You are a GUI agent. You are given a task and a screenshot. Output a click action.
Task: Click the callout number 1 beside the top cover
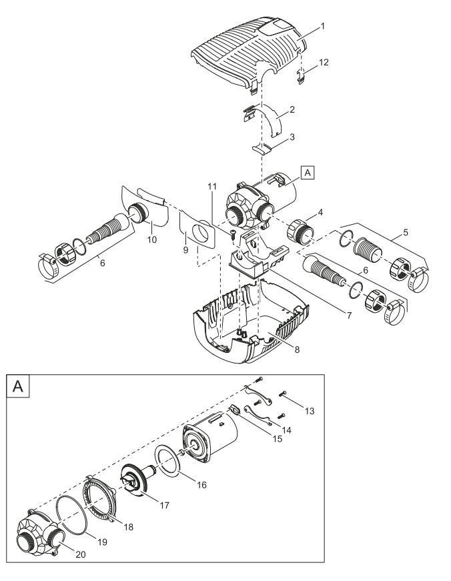click(322, 26)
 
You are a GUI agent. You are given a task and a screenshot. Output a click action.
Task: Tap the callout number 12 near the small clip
click(324, 62)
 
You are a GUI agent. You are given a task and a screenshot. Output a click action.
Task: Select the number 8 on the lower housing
click(297, 350)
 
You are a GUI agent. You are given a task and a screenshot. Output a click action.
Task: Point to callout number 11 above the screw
click(211, 187)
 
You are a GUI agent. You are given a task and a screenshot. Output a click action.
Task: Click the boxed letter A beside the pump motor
click(308, 173)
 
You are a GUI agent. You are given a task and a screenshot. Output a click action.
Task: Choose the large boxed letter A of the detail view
click(18, 386)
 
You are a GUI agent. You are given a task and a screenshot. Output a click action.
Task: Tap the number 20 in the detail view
click(81, 554)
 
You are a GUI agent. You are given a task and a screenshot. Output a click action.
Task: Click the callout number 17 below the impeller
click(164, 505)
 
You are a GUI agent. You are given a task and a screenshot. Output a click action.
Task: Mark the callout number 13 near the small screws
click(310, 411)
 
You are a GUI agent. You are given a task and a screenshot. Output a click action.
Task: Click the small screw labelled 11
click(233, 234)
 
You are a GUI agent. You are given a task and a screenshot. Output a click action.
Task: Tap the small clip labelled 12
click(301, 75)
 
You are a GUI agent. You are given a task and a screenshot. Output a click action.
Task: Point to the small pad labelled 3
click(262, 149)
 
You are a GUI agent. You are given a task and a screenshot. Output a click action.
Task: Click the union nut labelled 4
click(300, 232)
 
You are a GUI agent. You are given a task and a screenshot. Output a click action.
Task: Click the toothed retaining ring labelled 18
click(99, 498)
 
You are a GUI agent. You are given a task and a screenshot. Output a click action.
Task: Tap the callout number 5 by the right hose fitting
click(406, 232)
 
